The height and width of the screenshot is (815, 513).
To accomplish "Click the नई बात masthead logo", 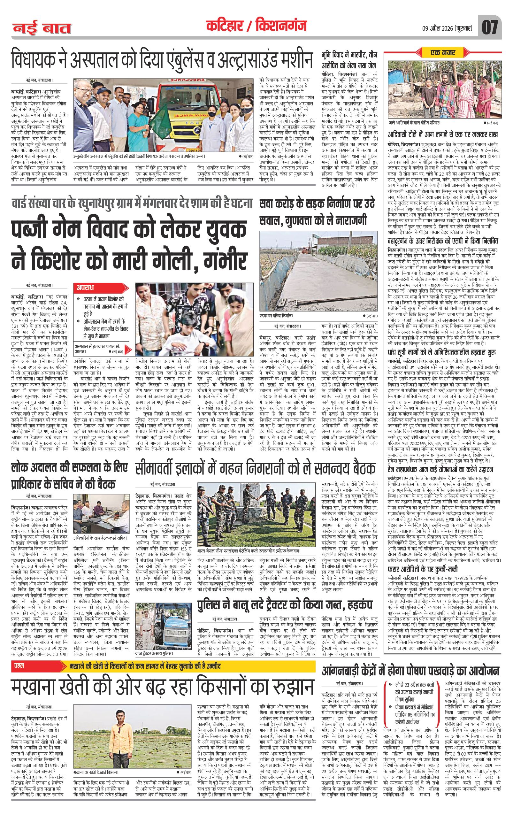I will click(x=42, y=28).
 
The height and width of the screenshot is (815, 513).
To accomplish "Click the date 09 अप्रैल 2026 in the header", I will click(x=449, y=28).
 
